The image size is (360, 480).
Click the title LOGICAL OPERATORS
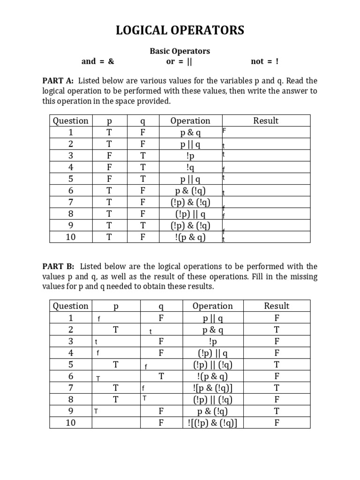pos(180,31)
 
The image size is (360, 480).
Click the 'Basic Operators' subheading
pos(180,51)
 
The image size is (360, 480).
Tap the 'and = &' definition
pos(97,61)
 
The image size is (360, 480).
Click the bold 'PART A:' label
pos(58,81)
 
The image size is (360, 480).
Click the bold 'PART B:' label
pos(58,266)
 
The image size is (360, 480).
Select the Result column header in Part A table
pos(266,120)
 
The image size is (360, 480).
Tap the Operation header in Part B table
pos(212,306)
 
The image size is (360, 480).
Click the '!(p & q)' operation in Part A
pos(190,237)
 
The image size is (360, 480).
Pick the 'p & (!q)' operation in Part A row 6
pos(190,190)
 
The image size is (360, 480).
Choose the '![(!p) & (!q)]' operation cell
pos(212,423)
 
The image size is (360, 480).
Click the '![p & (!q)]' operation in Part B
pos(212,388)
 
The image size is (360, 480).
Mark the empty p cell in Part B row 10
pos(115,423)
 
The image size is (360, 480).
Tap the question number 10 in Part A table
pos(70,237)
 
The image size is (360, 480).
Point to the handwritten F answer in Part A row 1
pos(224,132)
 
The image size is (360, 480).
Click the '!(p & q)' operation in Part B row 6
pos(212,376)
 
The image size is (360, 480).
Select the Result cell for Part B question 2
pos(277,330)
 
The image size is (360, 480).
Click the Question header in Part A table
pos(70,120)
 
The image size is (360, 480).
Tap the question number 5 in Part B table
pos(70,364)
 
